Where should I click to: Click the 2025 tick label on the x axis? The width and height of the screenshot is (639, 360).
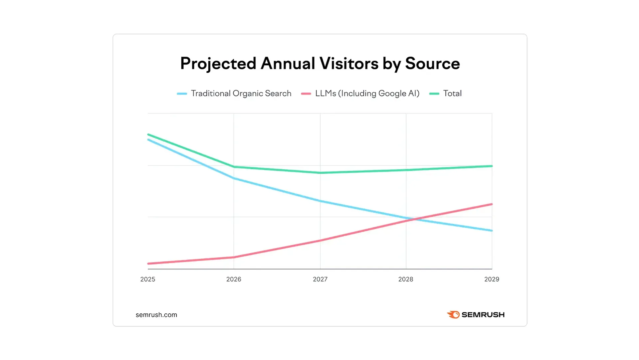click(147, 279)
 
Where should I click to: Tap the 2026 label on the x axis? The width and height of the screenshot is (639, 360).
click(234, 279)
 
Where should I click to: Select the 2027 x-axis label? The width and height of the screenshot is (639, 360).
click(320, 279)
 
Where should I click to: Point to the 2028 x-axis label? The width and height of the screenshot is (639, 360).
click(406, 279)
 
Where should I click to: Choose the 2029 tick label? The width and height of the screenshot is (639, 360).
click(492, 279)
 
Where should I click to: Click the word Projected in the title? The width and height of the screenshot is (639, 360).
click(218, 64)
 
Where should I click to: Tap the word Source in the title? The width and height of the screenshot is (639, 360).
click(432, 64)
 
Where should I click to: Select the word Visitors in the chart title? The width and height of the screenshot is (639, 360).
click(349, 64)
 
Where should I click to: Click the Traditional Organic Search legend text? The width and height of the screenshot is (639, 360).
click(241, 94)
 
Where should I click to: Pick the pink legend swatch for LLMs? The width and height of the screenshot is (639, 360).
click(306, 94)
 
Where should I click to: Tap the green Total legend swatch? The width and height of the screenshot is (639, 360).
click(434, 94)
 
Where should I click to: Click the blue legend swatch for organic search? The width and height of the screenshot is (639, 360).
click(182, 94)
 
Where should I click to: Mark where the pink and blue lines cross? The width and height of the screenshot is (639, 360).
click(414, 219)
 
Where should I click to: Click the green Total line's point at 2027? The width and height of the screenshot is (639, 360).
click(320, 173)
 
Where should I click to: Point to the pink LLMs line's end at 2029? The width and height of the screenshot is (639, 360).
click(492, 204)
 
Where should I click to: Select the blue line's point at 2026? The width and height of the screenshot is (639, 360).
click(234, 179)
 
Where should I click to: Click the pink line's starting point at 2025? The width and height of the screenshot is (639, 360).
click(148, 263)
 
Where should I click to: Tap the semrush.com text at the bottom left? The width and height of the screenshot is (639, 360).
click(156, 315)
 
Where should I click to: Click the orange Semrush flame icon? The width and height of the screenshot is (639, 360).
click(453, 315)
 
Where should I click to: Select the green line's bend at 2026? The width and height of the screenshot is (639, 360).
click(234, 167)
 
